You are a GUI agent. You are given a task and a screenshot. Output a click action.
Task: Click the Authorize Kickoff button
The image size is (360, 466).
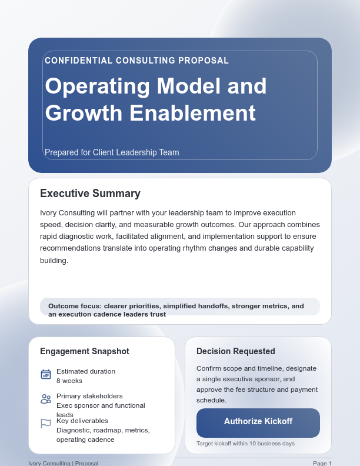click(258, 422)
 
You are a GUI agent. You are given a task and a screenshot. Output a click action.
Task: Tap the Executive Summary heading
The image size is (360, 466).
click(90, 194)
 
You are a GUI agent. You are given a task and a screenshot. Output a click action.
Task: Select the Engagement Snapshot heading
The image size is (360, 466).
click(85, 351)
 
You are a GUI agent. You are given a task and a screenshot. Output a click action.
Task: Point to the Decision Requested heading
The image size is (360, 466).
click(236, 351)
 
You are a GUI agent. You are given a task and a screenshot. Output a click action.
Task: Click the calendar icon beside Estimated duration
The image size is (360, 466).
click(46, 375)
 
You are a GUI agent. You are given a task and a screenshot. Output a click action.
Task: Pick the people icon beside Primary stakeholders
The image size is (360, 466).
click(46, 399)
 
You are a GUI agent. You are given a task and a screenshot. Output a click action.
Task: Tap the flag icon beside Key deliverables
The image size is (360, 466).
click(46, 423)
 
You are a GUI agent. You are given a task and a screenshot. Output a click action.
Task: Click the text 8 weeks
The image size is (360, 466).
click(69, 381)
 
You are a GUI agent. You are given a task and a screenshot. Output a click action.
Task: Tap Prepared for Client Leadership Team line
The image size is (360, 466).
click(112, 152)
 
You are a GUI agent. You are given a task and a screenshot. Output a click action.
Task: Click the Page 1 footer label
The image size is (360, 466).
click(322, 463)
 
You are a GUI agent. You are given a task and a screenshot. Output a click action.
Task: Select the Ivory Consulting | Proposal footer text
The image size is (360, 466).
click(63, 463)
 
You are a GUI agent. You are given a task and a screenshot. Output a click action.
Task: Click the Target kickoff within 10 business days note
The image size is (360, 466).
click(245, 443)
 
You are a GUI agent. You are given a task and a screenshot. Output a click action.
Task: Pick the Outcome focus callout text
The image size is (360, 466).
click(176, 309)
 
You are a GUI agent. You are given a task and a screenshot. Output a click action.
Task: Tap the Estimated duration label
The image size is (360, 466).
click(86, 371)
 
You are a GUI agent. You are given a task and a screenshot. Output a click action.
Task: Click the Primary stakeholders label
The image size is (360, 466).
click(89, 396)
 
